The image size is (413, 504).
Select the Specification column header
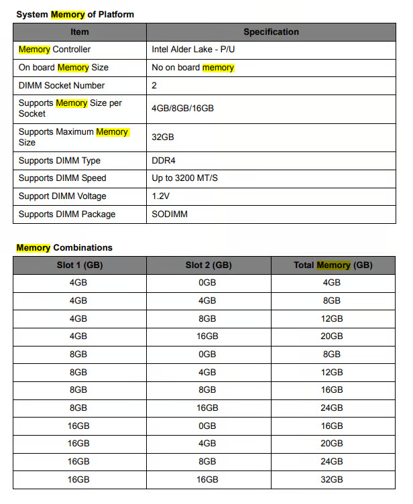[271, 31]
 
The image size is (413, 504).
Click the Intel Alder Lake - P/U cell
[193, 50]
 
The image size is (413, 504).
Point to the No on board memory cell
[193, 68]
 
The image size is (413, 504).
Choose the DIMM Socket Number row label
[62, 86]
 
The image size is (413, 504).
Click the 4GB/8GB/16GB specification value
[183, 108]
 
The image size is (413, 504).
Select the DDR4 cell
[164, 161]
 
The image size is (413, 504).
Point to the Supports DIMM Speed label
[62, 178]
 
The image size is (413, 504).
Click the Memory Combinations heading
[64, 247]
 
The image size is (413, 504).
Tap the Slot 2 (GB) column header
[209, 265]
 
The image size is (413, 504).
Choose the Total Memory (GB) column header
[333, 265]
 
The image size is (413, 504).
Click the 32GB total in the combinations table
[333, 479]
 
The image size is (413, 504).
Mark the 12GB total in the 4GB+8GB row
[333, 318]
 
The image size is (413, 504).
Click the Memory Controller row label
[54, 50]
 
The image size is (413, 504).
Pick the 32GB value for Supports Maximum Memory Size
[163, 137]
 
